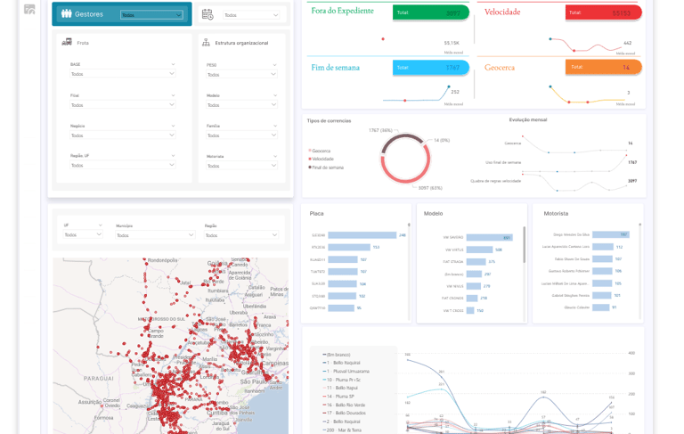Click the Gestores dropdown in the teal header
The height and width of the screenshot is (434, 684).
pos(151,15)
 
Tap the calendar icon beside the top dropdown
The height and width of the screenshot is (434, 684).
pos(208,14)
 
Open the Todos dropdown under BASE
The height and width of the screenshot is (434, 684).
pos(123,74)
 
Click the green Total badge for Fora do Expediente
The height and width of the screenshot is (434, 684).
pos(431,13)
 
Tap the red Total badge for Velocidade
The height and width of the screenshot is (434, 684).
pos(603,13)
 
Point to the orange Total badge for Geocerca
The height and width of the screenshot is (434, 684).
pos(603,67)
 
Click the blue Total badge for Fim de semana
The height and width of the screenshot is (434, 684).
pos(431,67)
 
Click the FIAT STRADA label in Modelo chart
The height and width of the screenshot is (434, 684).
pos(453,262)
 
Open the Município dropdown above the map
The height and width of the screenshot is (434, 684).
pos(155,235)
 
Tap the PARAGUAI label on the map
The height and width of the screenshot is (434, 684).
pos(79,376)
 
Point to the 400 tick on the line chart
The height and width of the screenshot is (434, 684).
pos(631,353)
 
